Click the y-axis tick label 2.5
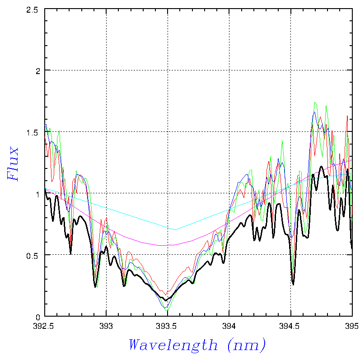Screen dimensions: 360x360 (x=32, y=9)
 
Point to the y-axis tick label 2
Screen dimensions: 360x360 (x=38, y=70)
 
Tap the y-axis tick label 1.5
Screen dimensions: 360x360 (x=32, y=132)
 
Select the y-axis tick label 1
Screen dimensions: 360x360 (x=38, y=193)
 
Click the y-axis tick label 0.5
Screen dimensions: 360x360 (x=32, y=255)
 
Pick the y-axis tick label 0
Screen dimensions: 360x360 (x=38, y=317)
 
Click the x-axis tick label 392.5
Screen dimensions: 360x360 (x=45, y=325)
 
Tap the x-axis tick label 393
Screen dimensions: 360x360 (x=106, y=325)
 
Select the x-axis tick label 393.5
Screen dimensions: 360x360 (x=168, y=325)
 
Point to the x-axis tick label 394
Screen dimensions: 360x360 (x=229, y=325)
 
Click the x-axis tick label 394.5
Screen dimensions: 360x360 (x=290, y=325)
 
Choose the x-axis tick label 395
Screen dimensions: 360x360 (x=351, y=325)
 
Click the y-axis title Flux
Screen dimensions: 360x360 (x=14, y=163)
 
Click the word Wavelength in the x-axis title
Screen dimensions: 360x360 (x=173, y=345)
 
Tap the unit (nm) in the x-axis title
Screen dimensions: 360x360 (x=247, y=345)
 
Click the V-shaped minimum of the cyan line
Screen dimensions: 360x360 (x=175, y=229)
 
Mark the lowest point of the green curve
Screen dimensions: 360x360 (x=167, y=311)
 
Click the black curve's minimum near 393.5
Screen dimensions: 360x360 (x=165, y=300)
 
